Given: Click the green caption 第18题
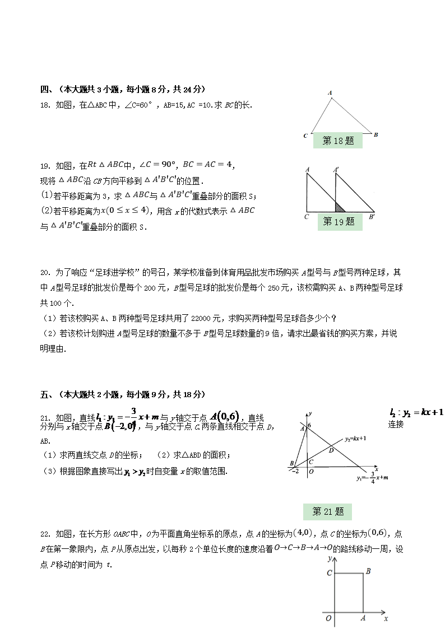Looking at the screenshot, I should tap(338, 141).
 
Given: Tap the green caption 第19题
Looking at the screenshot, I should tap(339, 222).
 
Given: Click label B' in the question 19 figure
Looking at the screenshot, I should tap(372, 216).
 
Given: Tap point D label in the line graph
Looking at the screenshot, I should tap(331, 450).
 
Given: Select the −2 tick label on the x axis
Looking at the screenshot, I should tap(295, 472).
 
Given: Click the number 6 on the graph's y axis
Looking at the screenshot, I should tap(309, 426).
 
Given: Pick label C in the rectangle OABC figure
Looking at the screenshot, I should tap(330, 572).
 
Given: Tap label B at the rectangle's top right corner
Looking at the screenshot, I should tap(368, 572).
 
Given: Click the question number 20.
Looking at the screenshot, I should tap(45, 273).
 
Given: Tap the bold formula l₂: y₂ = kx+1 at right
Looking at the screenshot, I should tap(416, 413).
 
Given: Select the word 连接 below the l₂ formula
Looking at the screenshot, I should tap(396, 425).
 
